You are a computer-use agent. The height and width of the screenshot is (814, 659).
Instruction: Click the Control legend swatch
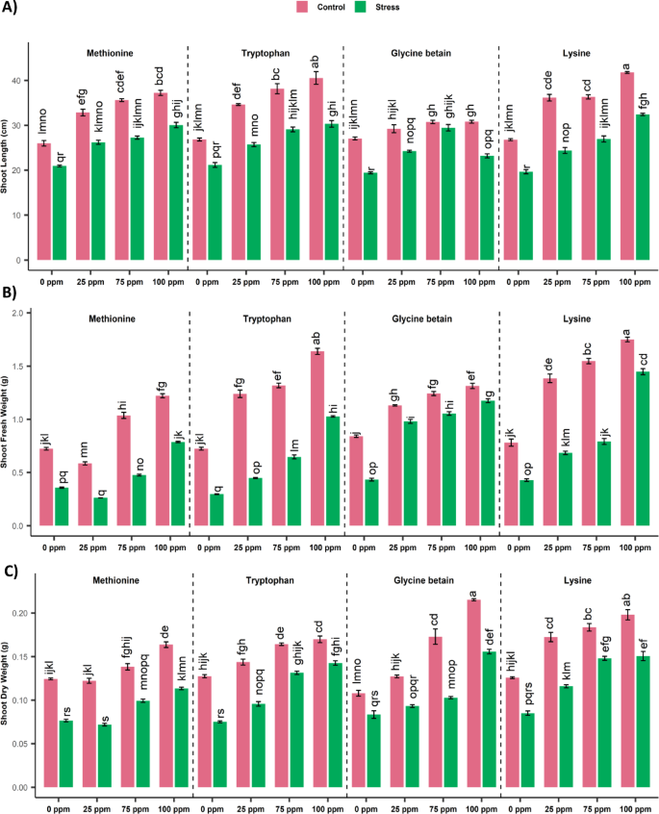pos(303,6)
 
